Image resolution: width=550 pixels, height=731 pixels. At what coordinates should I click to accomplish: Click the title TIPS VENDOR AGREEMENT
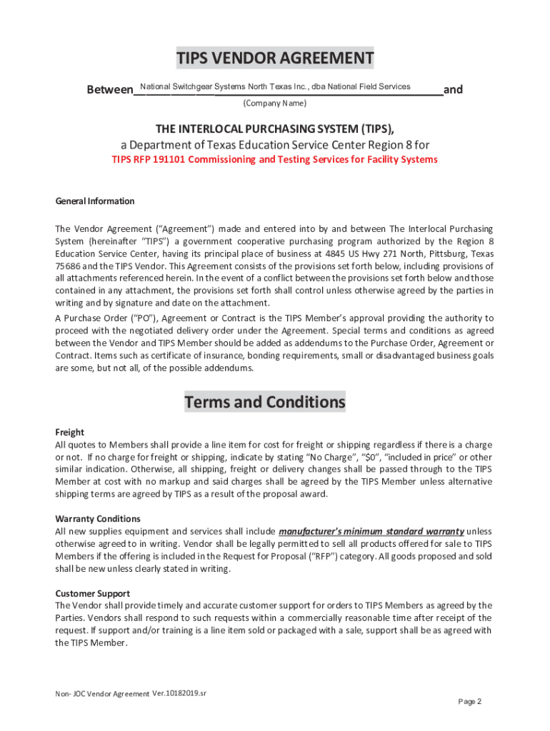275,58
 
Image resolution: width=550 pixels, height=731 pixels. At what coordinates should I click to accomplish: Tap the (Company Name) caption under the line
275,104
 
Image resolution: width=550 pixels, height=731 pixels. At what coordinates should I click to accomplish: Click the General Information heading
95,201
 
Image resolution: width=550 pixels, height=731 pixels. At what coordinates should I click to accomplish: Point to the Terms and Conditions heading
264,402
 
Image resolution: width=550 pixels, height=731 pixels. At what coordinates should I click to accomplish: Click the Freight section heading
69,432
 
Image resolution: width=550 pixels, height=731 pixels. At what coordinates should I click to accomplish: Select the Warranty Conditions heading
98,518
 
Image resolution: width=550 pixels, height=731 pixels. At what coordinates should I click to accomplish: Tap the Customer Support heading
93,593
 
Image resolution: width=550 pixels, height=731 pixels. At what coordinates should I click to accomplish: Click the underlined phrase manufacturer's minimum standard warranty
371,531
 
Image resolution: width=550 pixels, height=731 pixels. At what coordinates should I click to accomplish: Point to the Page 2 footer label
470,702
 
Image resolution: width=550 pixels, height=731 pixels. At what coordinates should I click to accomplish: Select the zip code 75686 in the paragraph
68,266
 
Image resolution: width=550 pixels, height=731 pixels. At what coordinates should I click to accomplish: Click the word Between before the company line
109,90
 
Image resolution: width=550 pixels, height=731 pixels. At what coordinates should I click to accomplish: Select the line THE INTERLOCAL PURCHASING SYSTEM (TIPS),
275,128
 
